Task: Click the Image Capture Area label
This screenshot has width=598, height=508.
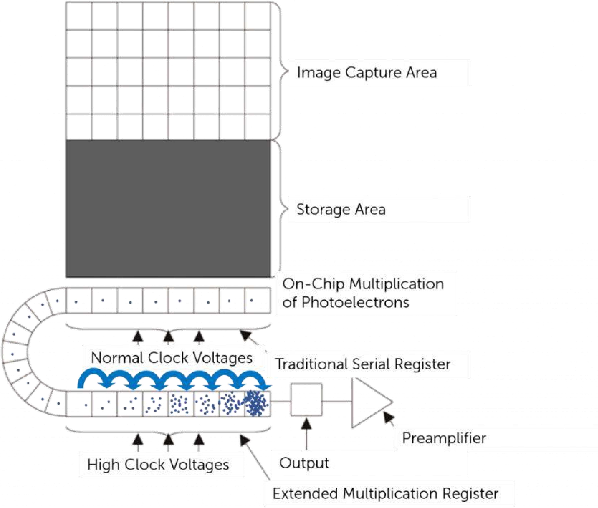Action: [367, 73]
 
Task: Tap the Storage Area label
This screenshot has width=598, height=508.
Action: [341, 209]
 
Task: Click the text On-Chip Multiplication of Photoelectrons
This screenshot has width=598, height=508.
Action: [363, 293]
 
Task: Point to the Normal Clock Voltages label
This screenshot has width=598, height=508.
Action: [171, 358]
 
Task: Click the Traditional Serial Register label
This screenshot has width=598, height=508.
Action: [363, 364]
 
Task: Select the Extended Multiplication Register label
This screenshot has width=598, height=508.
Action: [385, 494]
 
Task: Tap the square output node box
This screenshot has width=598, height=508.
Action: [306, 399]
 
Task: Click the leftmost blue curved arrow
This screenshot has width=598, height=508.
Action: [92, 377]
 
